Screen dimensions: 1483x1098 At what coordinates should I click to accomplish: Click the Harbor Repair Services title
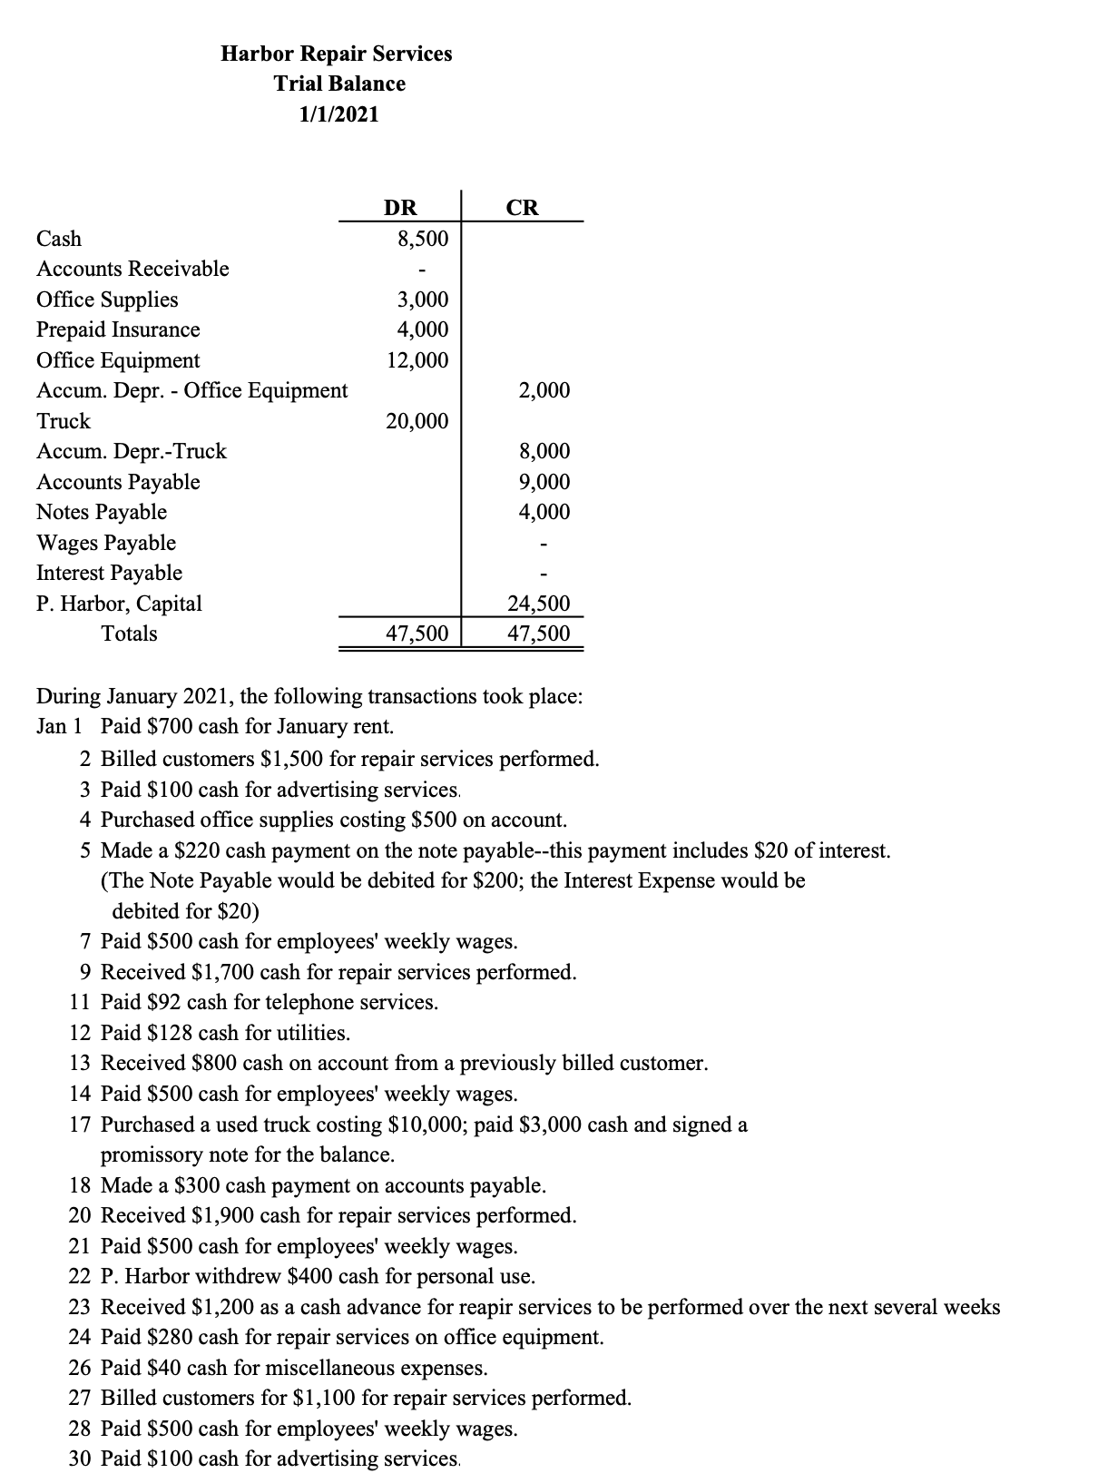tap(337, 54)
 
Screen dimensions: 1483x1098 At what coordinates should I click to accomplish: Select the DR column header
tap(400, 208)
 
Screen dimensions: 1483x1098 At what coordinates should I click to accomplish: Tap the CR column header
tap(523, 208)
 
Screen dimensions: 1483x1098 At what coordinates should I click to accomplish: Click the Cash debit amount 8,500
tap(423, 239)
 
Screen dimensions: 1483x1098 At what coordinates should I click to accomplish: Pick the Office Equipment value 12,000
tap(417, 360)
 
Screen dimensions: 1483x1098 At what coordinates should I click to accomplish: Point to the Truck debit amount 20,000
tap(417, 421)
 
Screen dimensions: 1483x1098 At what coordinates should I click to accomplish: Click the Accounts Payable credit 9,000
tap(544, 482)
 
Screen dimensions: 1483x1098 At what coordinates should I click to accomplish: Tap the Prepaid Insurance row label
tap(118, 329)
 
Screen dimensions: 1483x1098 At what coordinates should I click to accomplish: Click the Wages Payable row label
tap(106, 543)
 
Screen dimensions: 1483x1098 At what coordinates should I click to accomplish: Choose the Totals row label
tap(129, 633)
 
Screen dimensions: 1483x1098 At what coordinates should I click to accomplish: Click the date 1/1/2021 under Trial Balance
tap(339, 114)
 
